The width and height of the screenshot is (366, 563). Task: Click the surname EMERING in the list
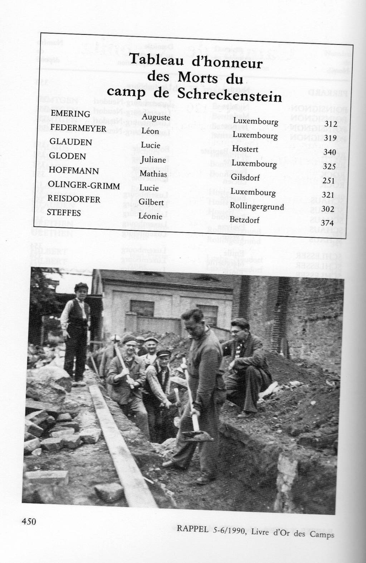coord(70,114)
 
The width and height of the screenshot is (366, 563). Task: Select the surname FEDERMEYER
coord(78,128)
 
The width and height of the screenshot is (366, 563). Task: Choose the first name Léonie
coord(151,216)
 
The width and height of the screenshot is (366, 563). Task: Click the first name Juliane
coord(153,160)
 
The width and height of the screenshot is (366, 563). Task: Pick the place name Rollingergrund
coord(257,206)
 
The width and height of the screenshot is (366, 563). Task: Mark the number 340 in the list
coord(330,152)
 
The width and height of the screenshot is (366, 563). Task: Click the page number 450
coord(29,521)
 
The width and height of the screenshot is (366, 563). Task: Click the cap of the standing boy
coord(82,286)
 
